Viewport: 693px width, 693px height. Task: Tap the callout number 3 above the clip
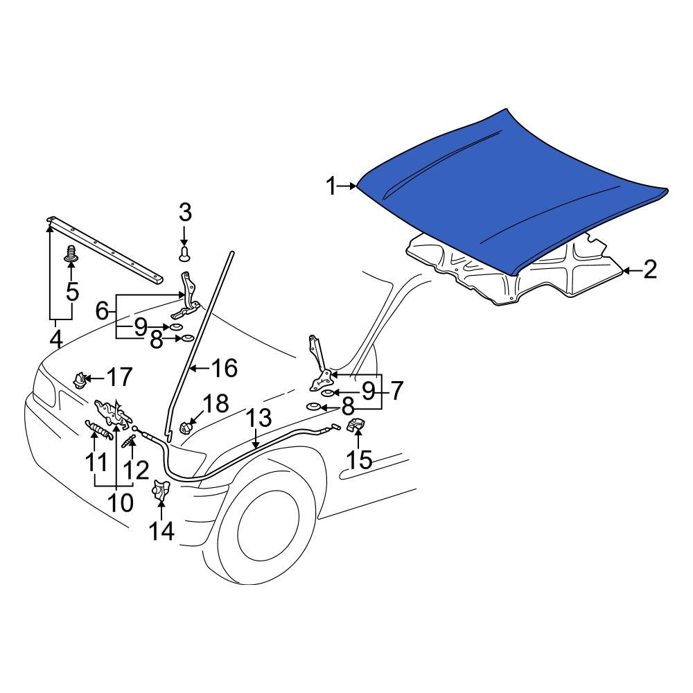(x=185, y=213)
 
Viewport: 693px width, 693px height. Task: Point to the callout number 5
(x=72, y=292)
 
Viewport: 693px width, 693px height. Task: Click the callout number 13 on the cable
(x=259, y=419)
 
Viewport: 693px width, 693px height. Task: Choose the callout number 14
(x=161, y=531)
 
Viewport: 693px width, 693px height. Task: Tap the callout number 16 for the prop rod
(x=223, y=368)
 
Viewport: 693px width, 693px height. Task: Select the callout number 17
(x=119, y=378)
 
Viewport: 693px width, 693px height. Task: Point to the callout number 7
(x=395, y=392)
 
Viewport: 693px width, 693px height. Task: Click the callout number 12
(x=136, y=471)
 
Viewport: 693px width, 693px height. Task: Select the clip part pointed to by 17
(x=80, y=379)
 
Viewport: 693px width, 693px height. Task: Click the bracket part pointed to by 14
(x=161, y=491)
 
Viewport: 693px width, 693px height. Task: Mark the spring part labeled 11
(x=98, y=431)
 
